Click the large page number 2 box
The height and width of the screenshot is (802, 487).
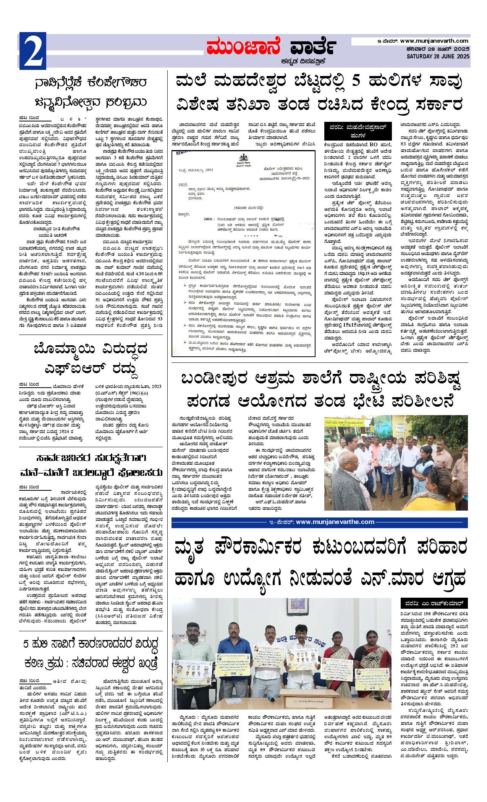pos(32,51)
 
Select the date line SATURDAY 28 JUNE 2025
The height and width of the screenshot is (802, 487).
pos(438,57)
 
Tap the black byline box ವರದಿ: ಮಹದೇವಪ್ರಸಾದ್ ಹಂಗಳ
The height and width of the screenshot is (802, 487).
pos(358,130)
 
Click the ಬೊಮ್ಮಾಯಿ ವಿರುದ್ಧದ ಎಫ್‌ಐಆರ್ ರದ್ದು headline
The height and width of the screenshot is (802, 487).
pos(90,359)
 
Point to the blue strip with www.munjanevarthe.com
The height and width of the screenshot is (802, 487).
pos(319,522)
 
